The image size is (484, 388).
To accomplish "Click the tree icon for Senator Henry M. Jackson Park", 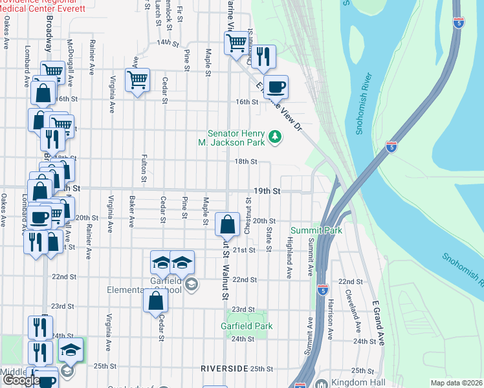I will pyautogui.click(x=276, y=136).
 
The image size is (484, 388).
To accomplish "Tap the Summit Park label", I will pyautogui.click(x=316, y=230).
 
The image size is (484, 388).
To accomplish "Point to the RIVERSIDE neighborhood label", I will pyautogui.click(x=225, y=368).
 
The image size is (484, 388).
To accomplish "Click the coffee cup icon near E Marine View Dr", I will pyautogui.click(x=275, y=87).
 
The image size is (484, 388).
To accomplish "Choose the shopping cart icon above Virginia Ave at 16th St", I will pyautogui.click(x=137, y=80).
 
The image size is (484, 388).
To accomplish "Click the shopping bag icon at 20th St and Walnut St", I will pyautogui.click(x=227, y=225).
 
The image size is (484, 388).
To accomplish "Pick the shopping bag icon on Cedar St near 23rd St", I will pyautogui.click(x=156, y=301).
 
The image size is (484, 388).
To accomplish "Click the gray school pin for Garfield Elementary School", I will pyautogui.click(x=191, y=284).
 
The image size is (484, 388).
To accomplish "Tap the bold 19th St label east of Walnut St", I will pyautogui.click(x=267, y=191).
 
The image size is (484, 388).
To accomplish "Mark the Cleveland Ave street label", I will pyautogui.click(x=353, y=305).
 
